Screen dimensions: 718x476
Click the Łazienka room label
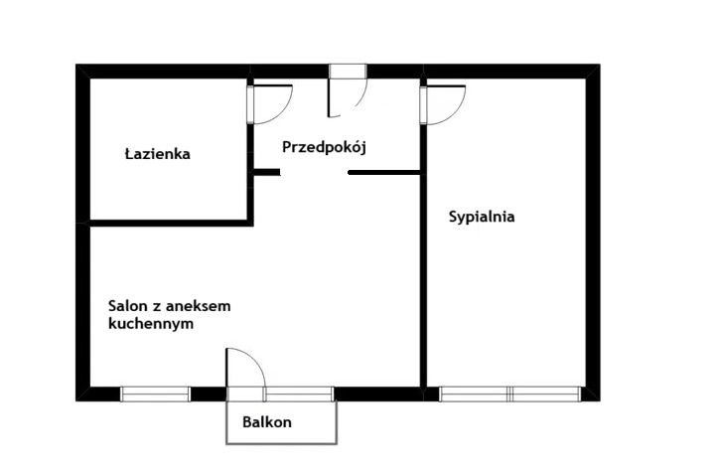(158, 153)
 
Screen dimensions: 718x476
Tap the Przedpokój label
(324, 147)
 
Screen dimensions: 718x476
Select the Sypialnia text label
(482, 217)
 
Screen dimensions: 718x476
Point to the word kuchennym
(151, 323)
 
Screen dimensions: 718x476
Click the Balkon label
(267, 422)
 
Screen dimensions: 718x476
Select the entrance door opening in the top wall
(348, 71)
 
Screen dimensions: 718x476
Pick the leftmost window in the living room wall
(155, 394)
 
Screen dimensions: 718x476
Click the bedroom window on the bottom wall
(510, 394)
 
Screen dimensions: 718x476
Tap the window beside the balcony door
(299, 394)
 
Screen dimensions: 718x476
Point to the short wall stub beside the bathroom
(266, 172)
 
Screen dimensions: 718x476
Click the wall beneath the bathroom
(171, 224)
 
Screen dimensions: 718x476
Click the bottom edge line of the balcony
(282, 443)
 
